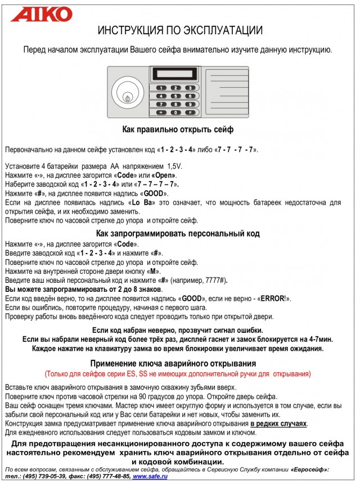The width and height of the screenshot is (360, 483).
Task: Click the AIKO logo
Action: (42, 14)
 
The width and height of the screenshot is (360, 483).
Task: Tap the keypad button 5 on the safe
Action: (175, 96)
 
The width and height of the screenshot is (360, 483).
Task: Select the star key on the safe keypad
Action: (161, 112)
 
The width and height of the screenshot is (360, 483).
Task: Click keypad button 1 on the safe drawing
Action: (161, 88)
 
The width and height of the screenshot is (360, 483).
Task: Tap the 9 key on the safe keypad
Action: (191, 105)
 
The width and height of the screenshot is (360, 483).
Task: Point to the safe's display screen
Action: (174, 74)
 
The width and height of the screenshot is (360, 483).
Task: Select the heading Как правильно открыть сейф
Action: (178, 130)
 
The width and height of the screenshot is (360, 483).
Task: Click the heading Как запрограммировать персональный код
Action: (178, 233)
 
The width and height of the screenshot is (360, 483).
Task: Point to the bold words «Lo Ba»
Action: (142, 202)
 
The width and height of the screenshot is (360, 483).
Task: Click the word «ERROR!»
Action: (277, 299)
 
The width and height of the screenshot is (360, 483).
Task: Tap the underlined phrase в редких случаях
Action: (279, 423)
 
